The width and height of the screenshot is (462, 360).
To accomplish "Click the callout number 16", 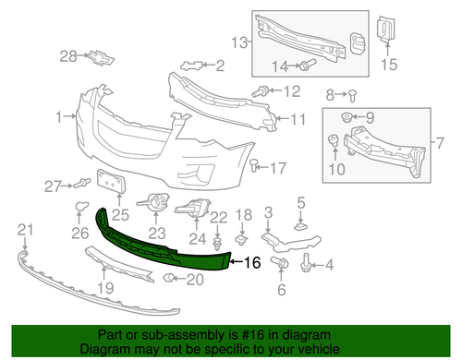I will (251, 263).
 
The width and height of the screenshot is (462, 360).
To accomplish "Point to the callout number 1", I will (58, 117).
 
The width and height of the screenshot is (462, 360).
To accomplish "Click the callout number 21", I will (25, 229).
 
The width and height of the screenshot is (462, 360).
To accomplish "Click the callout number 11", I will (298, 119).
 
